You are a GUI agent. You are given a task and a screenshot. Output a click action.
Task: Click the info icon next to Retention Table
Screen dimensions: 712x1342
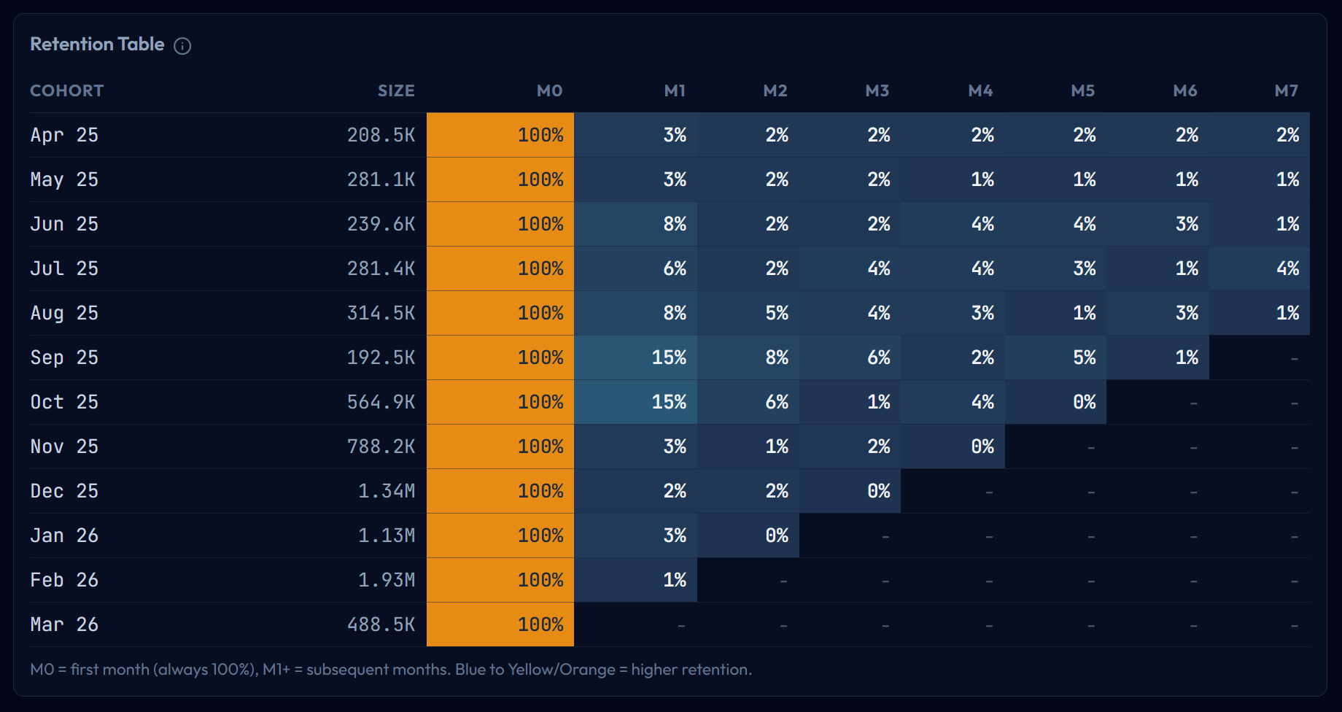pyautogui.click(x=182, y=46)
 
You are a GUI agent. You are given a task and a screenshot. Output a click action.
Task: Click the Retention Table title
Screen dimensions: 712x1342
pyautogui.click(x=97, y=44)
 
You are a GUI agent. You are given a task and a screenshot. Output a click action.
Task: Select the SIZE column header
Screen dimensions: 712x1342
pyautogui.click(x=396, y=91)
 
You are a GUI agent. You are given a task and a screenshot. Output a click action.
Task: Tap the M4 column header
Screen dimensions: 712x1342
pyautogui.click(x=980, y=91)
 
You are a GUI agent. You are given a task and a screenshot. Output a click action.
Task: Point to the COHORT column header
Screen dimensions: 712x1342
pyautogui.click(x=67, y=91)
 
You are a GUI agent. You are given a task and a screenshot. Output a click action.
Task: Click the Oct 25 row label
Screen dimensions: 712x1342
pyautogui.click(x=64, y=402)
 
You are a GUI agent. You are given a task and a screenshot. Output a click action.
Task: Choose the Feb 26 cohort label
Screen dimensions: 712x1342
pyautogui.click(x=64, y=580)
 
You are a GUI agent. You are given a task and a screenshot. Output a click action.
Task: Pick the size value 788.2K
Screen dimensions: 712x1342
pyautogui.click(x=381, y=446)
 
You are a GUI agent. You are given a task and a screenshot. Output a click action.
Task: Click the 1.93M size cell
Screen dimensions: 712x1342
pyautogui.click(x=387, y=580)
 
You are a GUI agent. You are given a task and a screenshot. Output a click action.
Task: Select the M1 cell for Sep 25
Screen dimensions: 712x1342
pyautogui.click(x=636, y=357)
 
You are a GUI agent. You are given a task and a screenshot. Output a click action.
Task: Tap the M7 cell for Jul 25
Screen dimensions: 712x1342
pyautogui.click(x=1260, y=268)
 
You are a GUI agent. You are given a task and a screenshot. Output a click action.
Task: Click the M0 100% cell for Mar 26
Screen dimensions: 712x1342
pyautogui.click(x=500, y=624)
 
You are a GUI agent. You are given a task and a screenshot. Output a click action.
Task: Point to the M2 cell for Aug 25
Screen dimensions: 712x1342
pyautogui.click(x=748, y=313)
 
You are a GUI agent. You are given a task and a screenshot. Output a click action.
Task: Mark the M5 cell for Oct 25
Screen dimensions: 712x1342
pyautogui.click(x=1055, y=402)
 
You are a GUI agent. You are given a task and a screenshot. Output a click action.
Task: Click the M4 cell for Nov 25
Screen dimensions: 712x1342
pyautogui.click(x=953, y=446)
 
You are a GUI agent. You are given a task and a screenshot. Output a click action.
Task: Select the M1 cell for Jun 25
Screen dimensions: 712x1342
pyautogui.click(x=636, y=224)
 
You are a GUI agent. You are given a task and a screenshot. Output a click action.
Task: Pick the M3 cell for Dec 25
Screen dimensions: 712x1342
pyautogui.click(x=850, y=491)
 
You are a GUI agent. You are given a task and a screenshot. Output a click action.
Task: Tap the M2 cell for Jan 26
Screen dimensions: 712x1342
pyautogui.click(x=748, y=535)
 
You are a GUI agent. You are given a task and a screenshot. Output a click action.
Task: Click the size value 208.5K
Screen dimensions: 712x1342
pyautogui.click(x=381, y=135)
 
